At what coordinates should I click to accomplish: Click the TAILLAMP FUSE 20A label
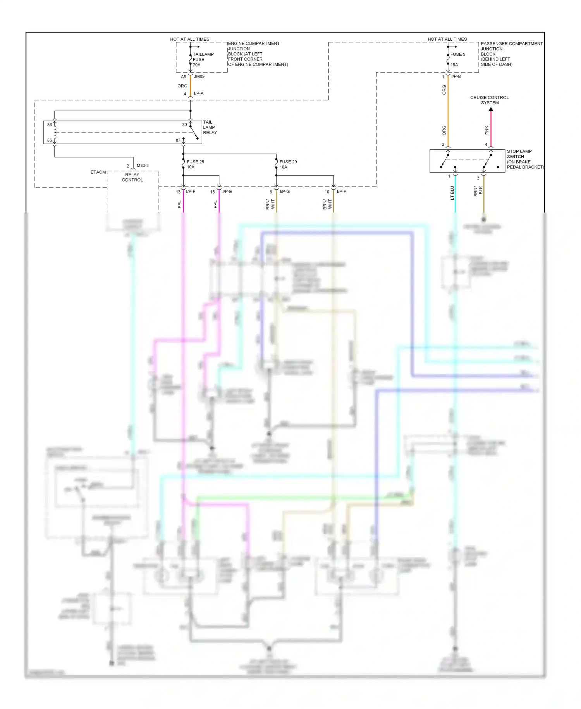point(203,59)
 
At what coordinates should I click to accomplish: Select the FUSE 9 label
point(458,54)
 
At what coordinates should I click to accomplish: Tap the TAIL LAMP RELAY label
point(210,127)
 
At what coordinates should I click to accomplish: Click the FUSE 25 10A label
point(195,164)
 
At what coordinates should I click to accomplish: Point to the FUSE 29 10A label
point(288,164)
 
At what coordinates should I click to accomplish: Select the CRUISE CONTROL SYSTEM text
point(490,100)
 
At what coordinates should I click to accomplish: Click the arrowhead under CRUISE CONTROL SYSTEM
point(491,109)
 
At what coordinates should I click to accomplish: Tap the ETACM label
point(98,172)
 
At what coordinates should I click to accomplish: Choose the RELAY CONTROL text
point(132,177)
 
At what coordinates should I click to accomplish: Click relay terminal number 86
point(50,125)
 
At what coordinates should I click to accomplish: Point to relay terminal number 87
point(178,140)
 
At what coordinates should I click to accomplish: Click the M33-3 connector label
point(143,166)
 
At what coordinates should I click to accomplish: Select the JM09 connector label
point(199,76)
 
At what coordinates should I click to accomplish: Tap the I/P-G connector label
point(285,192)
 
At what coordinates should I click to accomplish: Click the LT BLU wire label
point(452,193)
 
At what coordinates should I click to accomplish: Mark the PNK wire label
point(487,130)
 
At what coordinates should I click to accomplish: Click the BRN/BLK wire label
point(478,191)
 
